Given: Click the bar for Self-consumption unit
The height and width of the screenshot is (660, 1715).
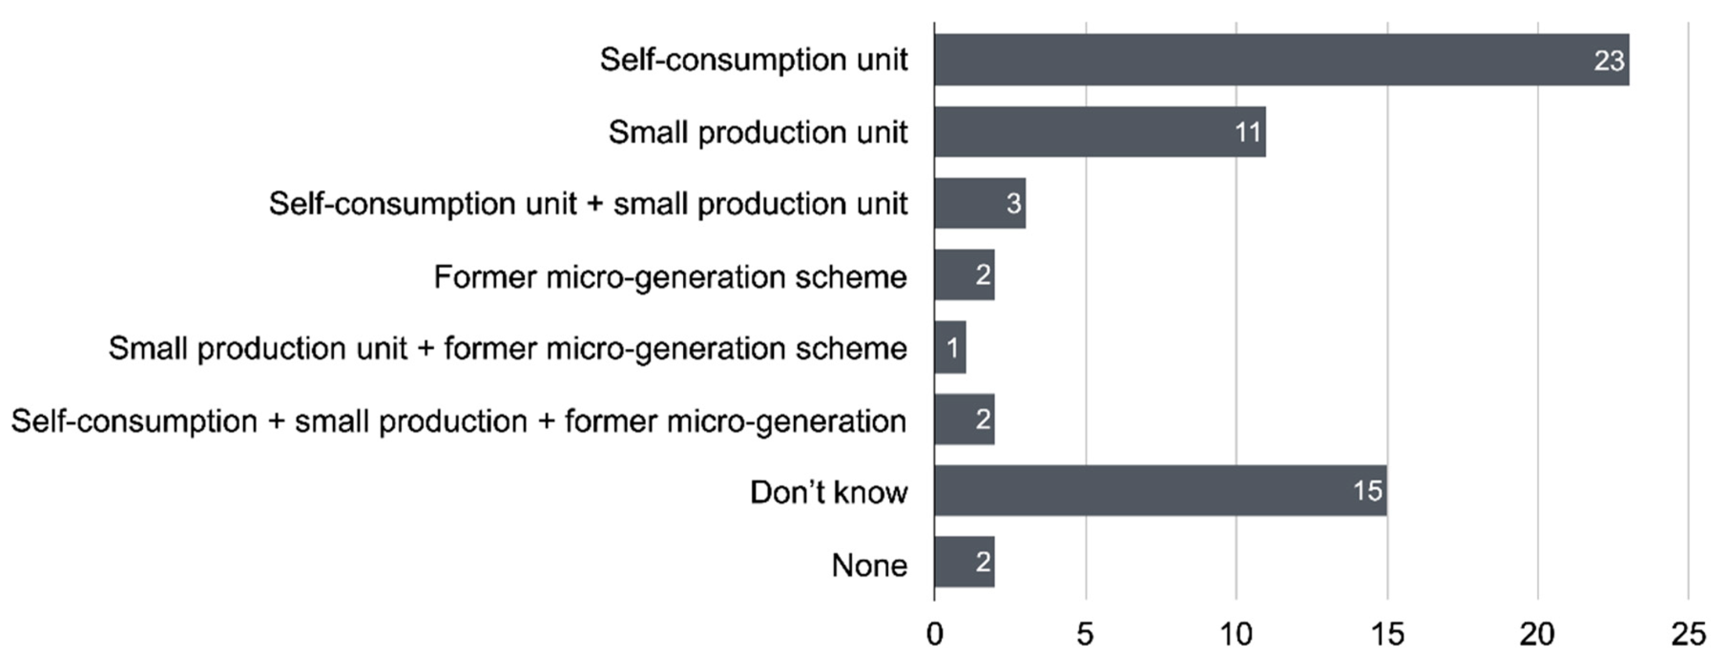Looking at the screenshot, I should click(x=1281, y=60).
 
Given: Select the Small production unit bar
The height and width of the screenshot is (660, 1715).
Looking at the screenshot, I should click(x=1100, y=132).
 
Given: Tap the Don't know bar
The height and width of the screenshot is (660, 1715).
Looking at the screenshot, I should click(x=1160, y=491).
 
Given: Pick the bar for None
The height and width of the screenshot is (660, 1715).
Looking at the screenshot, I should click(x=964, y=562).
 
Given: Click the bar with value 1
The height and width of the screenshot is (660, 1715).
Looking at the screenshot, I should click(x=950, y=347).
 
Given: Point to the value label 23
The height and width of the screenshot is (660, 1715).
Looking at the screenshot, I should click(x=1609, y=61).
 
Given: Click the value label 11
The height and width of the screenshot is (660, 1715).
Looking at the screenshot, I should click(x=1247, y=132).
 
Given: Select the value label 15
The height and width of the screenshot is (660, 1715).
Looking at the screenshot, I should click(x=1368, y=491).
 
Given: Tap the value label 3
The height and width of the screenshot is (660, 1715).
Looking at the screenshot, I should click(x=1014, y=204).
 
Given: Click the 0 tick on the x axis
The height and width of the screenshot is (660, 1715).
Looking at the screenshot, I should click(x=934, y=635).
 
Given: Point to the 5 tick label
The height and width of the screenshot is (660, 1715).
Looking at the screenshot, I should click(x=1085, y=635).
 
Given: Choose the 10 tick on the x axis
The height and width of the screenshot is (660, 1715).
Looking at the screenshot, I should click(x=1236, y=635).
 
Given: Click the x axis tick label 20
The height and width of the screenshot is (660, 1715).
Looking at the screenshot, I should click(x=1537, y=635).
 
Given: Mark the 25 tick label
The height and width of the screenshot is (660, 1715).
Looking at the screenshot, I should click(x=1688, y=635).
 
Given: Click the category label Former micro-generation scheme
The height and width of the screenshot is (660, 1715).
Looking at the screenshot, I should click(x=670, y=277).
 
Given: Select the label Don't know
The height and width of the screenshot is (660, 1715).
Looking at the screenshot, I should click(x=828, y=493).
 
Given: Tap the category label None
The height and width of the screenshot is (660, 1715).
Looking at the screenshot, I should click(x=869, y=566).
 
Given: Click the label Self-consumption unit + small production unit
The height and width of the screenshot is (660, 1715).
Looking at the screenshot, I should click(x=588, y=204).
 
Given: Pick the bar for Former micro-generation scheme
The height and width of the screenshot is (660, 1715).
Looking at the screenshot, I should click(x=964, y=275).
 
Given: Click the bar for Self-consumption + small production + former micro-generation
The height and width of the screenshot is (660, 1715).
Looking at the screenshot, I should click(x=964, y=419).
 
